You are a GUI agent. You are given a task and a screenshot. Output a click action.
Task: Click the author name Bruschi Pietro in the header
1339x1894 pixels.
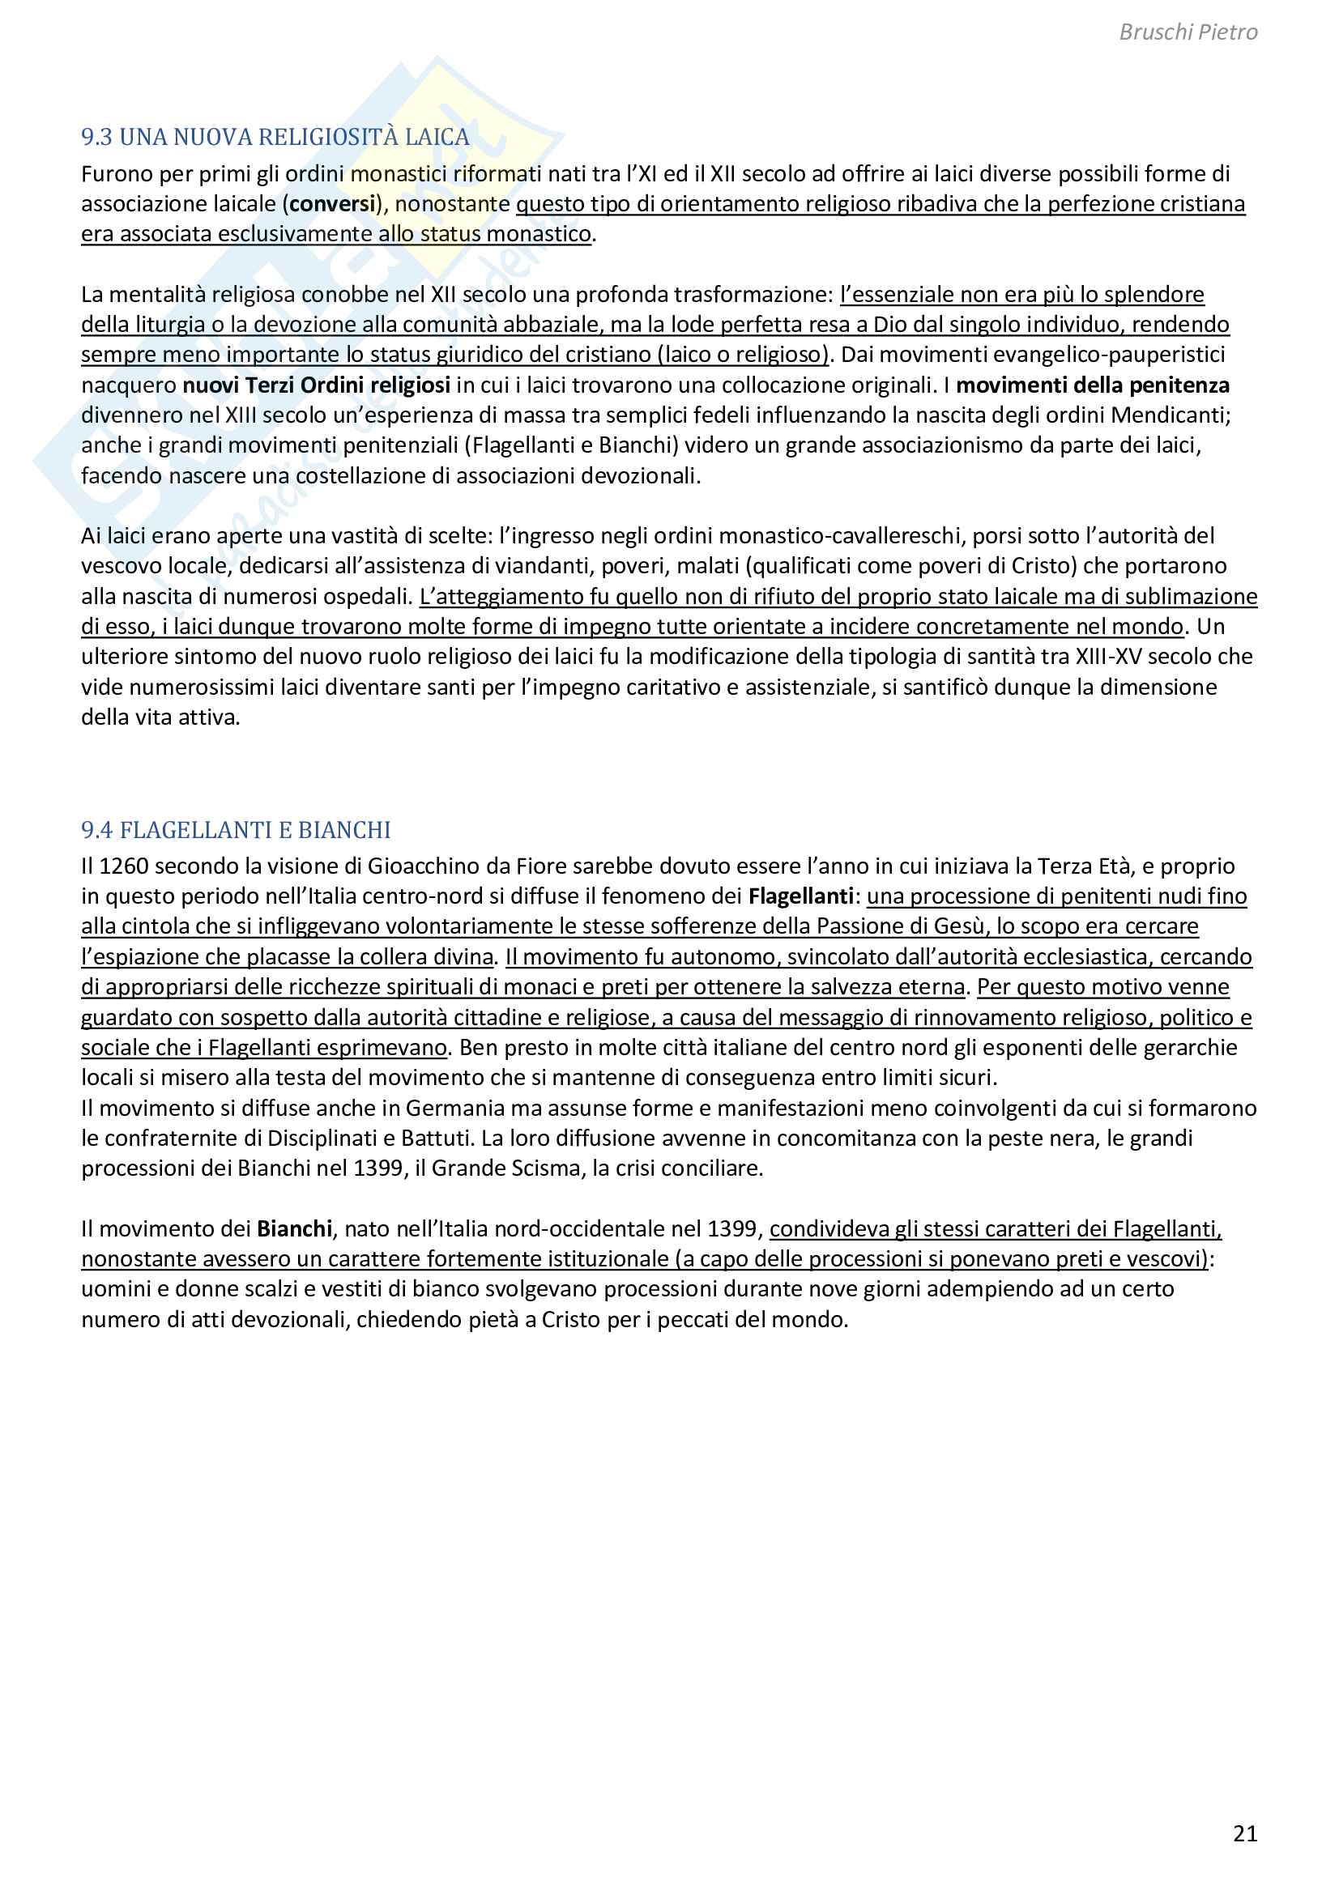pyautogui.click(x=1188, y=32)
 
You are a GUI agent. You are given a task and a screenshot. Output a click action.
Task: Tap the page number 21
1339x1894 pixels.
pyautogui.click(x=1245, y=1833)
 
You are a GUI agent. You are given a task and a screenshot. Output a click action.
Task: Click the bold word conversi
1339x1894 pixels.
pyautogui.click(x=332, y=204)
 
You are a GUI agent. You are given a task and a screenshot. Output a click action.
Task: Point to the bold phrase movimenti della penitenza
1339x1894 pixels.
pyautogui.click(x=1092, y=385)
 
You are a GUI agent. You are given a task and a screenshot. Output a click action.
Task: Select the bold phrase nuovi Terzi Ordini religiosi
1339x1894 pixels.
pyautogui.click(x=316, y=385)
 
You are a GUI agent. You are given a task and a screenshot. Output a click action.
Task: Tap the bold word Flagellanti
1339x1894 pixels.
pyautogui.click(x=800, y=896)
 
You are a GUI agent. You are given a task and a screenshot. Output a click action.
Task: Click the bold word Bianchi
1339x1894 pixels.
pyautogui.click(x=294, y=1229)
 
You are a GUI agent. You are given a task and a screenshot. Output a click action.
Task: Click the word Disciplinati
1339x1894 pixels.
pyautogui.click(x=321, y=1139)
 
